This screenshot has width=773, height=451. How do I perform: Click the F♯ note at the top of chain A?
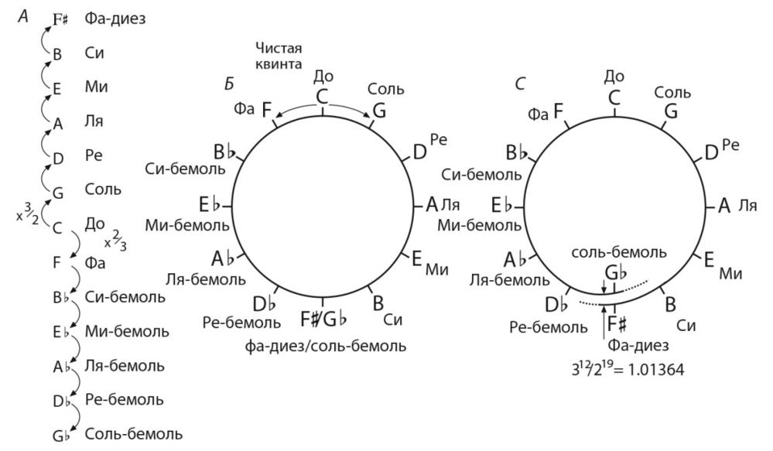pyautogui.click(x=60, y=19)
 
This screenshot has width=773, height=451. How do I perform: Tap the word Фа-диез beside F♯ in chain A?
pyautogui.click(x=115, y=19)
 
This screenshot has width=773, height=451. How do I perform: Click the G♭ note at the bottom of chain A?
pyautogui.click(x=61, y=436)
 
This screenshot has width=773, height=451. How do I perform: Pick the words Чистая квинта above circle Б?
pyautogui.click(x=279, y=56)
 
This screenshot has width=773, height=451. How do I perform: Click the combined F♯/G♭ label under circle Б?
pyautogui.click(x=323, y=319)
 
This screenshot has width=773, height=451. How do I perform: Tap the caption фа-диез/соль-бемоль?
pyautogui.click(x=325, y=346)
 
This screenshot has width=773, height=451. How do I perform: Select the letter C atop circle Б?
pyautogui.click(x=322, y=97)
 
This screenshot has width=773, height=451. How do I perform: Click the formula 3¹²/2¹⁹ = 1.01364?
pyautogui.click(x=628, y=369)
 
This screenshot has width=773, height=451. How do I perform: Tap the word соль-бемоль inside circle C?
pyautogui.click(x=619, y=252)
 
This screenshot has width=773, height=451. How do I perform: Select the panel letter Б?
pyautogui.click(x=229, y=84)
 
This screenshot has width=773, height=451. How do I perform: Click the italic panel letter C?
pyautogui.click(x=520, y=84)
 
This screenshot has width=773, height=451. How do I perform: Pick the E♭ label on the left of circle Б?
pyautogui.click(x=209, y=204)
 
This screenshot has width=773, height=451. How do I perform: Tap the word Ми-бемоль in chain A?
pyautogui.click(x=127, y=331)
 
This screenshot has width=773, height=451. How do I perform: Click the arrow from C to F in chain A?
pyautogui.click(x=76, y=244)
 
